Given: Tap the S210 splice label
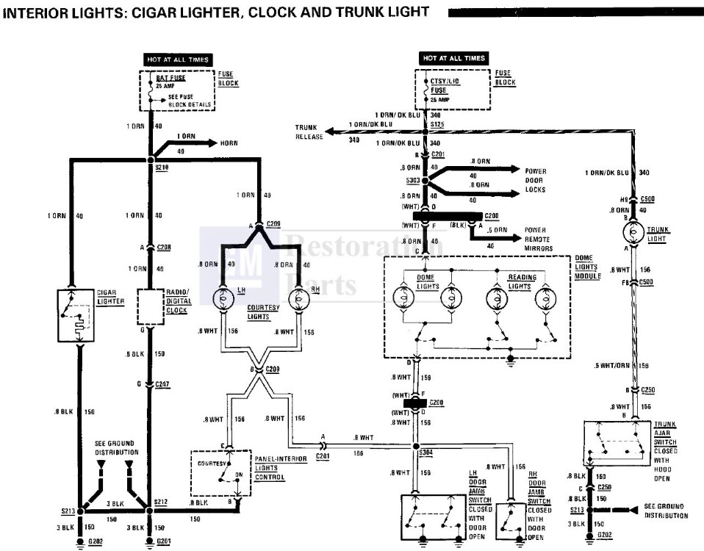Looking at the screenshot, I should point(162,168).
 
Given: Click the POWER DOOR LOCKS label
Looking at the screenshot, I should point(536,181).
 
